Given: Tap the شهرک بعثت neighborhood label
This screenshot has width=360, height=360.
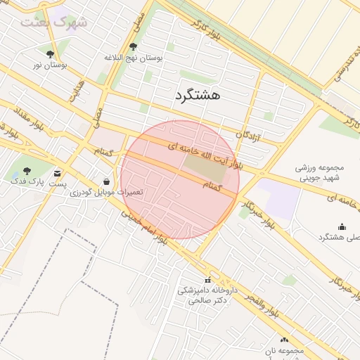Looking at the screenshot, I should pyautogui.click(x=54, y=22).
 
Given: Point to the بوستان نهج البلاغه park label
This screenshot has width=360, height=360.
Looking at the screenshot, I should pyautogui.click(x=134, y=58).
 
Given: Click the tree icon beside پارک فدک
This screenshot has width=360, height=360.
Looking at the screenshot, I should pyautogui.click(x=27, y=171).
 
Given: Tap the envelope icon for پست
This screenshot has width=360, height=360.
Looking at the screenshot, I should pyautogui.click(x=56, y=172).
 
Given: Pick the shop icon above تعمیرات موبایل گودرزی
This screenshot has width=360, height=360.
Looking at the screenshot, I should pyautogui.click(x=107, y=181).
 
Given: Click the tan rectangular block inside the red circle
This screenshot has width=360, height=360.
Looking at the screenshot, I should pyautogui.click(x=202, y=167).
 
